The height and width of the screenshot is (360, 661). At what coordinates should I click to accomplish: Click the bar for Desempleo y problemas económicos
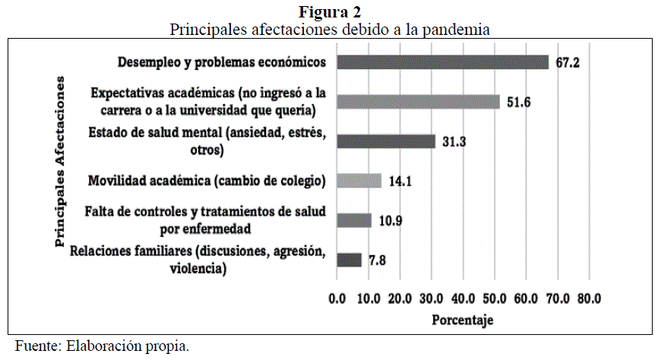(441, 62)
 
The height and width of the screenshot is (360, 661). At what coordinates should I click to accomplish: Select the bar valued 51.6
(417, 102)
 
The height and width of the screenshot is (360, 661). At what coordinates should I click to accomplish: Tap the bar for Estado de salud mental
(385, 141)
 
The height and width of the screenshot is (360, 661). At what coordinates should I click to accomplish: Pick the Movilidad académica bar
(358, 180)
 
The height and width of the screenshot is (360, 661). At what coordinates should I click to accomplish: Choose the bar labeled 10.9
(353, 220)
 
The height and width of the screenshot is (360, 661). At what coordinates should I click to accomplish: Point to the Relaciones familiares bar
(348, 260)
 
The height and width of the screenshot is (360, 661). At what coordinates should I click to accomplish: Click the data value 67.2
(568, 62)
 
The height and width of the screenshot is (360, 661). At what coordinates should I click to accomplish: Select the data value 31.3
(454, 141)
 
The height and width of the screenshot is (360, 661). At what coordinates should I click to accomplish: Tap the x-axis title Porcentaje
(462, 320)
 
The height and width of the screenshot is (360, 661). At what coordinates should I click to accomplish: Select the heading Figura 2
(330, 11)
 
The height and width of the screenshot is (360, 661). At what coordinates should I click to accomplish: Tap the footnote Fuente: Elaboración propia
(102, 346)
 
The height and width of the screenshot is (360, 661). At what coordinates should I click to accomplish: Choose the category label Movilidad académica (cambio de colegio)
(207, 181)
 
